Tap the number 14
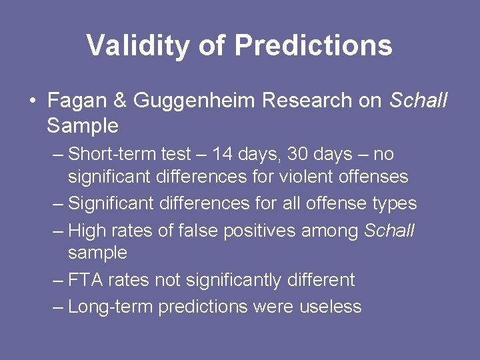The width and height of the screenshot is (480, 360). tap(223, 155)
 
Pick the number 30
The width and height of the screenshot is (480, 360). tap(297, 155)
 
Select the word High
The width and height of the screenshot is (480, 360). tap(87, 231)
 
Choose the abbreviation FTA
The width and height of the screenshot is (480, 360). tap(85, 280)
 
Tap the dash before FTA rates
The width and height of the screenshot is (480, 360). tap(58, 280)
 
